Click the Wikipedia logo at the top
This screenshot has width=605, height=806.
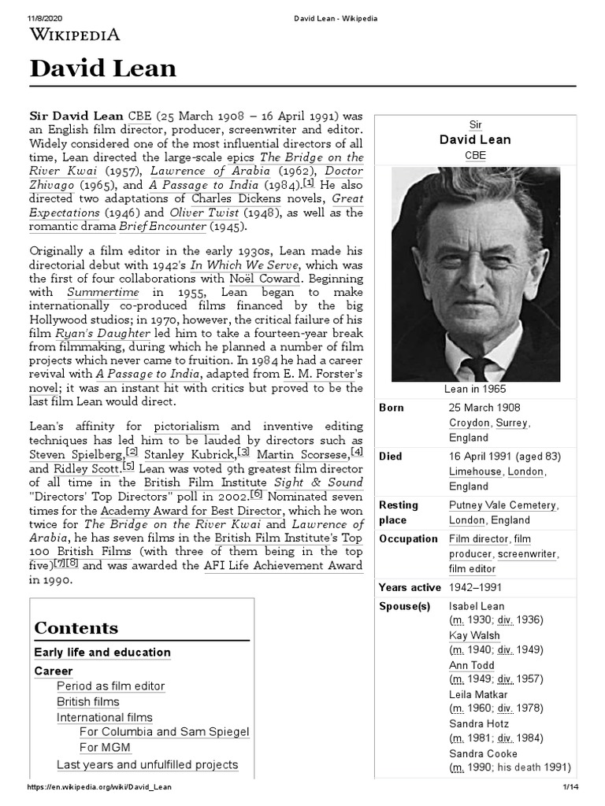pyautogui.click(x=75, y=34)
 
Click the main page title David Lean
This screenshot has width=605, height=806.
pyautogui.click(x=102, y=69)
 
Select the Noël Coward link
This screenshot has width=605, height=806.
pyautogui.click(x=265, y=278)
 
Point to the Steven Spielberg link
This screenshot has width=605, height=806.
pyautogui.click(x=76, y=455)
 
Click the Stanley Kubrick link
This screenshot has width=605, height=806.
pyautogui.click(x=190, y=455)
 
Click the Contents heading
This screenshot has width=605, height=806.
pyautogui.click(x=76, y=627)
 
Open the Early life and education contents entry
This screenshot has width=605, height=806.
pyautogui.click(x=102, y=653)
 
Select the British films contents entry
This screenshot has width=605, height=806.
pyautogui.click(x=87, y=701)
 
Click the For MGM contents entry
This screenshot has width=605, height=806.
pyautogui.click(x=105, y=748)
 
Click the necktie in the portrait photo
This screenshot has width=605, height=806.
pyautogui.click(x=476, y=366)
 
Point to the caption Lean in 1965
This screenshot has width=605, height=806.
pyautogui.click(x=475, y=389)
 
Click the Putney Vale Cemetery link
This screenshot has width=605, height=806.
pyautogui.click(x=502, y=505)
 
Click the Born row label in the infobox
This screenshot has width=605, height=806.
pyautogui.click(x=392, y=408)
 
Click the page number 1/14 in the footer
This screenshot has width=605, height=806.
pyautogui.click(x=570, y=787)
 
